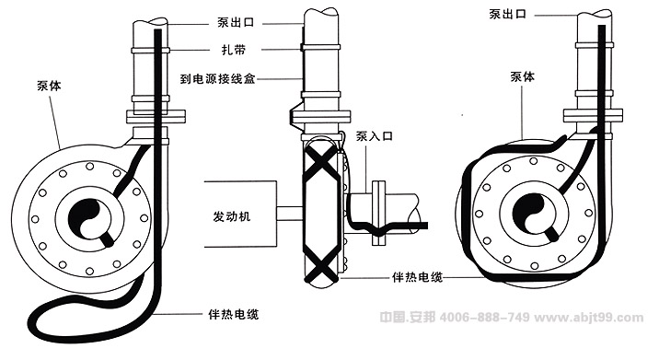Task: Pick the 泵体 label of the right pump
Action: click(x=523, y=78)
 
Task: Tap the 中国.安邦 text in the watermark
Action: click(x=410, y=316)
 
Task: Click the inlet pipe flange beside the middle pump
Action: click(x=378, y=213)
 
